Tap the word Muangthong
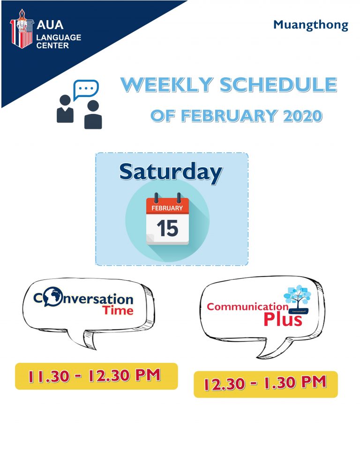click(x=311, y=25)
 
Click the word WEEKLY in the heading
click(x=167, y=85)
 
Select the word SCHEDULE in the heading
click(x=278, y=85)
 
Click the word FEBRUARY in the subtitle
click(x=229, y=116)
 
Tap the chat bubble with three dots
click(x=86, y=90)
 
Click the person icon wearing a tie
click(x=65, y=109)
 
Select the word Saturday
click(x=171, y=172)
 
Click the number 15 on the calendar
click(x=167, y=228)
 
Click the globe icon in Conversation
click(x=52, y=296)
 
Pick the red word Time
click(x=118, y=310)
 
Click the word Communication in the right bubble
click(x=247, y=307)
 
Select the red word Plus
click(x=283, y=319)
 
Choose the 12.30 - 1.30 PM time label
click(x=266, y=384)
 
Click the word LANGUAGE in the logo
click(x=59, y=38)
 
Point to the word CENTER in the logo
click(x=52, y=45)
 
